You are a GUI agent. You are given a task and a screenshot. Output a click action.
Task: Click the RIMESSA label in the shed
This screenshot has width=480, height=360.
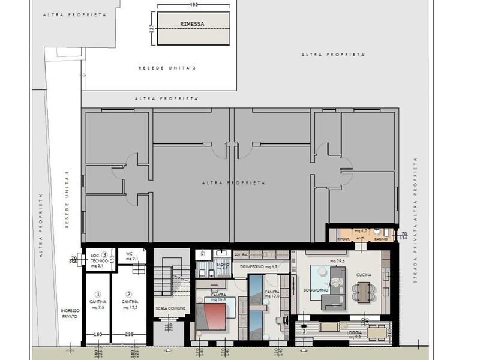click(x=192, y=24)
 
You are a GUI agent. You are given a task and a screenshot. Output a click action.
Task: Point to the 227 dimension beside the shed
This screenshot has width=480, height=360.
click(x=151, y=29)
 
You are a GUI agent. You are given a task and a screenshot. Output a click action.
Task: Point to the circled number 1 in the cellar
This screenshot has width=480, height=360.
click(x=98, y=294)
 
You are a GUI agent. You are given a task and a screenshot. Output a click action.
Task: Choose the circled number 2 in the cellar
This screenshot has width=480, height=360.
click(x=128, y=294)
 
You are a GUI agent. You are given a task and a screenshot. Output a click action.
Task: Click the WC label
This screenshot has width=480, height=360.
click(x=128, y=253)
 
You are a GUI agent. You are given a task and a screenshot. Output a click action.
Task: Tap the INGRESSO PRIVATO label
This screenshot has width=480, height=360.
click(x=70, y=313)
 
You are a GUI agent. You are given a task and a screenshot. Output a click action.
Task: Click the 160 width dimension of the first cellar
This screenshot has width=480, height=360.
click(x=98, y=334)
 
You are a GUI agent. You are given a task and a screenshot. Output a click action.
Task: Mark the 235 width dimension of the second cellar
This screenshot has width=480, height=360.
click(x=128, y=334)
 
